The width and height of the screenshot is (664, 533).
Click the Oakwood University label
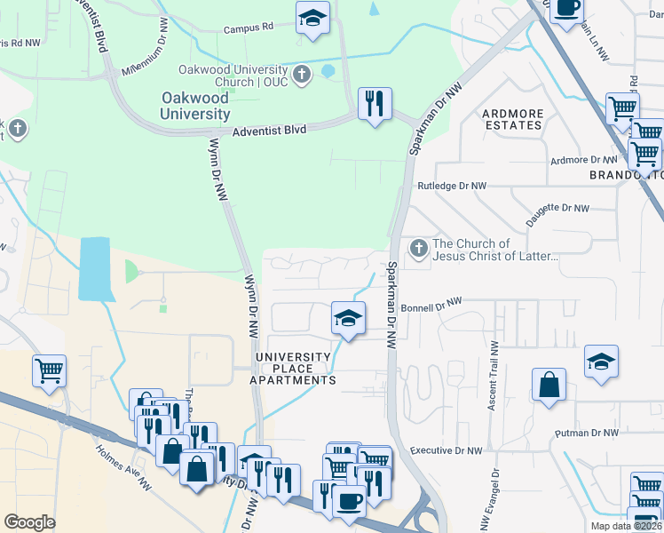pyautogui.click(x=195, y=106)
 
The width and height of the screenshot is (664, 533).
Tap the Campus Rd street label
pyautogui.click(x=248, y=28)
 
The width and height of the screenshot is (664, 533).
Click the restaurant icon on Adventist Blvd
pyautogui.click(x=375, y=104)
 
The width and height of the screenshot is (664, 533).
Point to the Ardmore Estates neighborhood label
pyautogui.click(x=511, y=119)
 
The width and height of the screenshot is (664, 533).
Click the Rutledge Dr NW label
pyautogui.click(x=452, y=187)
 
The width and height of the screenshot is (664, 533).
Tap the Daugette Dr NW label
pyautogui.click(x=557, y=210)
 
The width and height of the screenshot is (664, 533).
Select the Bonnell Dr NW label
pyautogui.click(x=432, y=304)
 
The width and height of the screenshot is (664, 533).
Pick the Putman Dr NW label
pyautogui.click(x=585, y=434)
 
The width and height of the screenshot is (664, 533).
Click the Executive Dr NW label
pyautogui.click(x=446, y=451)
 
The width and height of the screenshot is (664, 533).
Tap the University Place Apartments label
pyautogui.click(x=294, y=369)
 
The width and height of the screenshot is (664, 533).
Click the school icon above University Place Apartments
pyautogui.click(x=349, y=318)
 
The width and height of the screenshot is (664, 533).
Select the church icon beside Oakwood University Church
pyautogui.click(x=302, y=74)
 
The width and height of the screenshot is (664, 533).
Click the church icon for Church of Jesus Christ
pyautogui.click(x=418, y=249)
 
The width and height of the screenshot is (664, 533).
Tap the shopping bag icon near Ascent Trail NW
pyautogui.click(x=549, y=386)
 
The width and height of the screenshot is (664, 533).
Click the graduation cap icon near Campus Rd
pyautogui.click(x=312, y=18)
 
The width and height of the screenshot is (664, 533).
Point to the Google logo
pyautogui.click(x=29, y=521)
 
